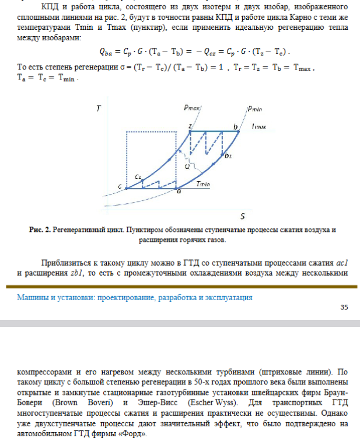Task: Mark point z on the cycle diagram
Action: pos(190,126)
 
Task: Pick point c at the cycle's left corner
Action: pos(120,187)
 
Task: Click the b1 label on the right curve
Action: pos(228,156)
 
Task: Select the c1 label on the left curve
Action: pos(138,176)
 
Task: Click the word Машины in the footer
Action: pos(32,297)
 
